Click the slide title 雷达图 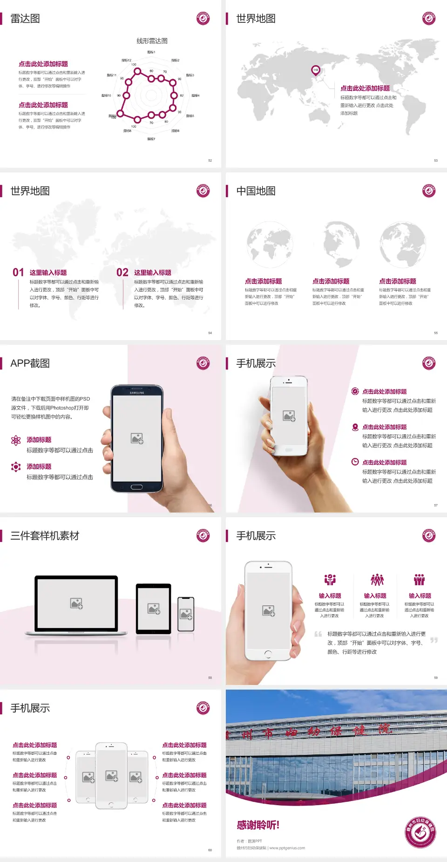click(x=25, y=19)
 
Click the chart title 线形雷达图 click(x=152, y=41)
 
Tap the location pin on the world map click(x=316, y=70)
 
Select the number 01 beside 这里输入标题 click(x=18, y=273)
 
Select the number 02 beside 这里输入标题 click(x=122, y=273)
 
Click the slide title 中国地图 click(x=256, y=191)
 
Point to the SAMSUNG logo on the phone click(x=137, y=393)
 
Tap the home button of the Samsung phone click(x=136, y=487)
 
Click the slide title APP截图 click(x=30, y=363)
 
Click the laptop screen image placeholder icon click(x=76, y=603)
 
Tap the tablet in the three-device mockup click(x=153, y=608)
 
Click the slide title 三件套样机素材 click(x=45, y=536)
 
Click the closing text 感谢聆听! click(x=258, y=825)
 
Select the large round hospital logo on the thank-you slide click(x=420, y=832)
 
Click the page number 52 click(x=210, y=160)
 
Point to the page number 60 click(x=210, y=850)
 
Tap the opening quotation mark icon click(x=318, y=634)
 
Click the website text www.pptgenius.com click(x=287, y=848)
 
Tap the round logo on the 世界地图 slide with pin click(x=429, y=19)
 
